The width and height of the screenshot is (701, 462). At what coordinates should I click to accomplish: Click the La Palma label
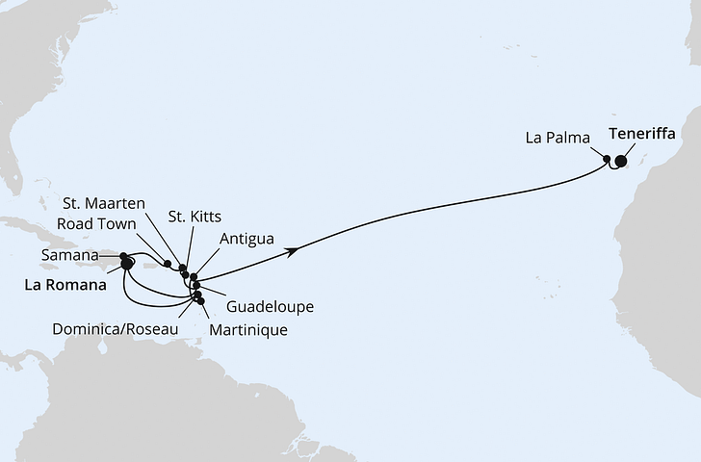557,139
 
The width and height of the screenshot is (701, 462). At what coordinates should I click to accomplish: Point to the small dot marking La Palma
607,159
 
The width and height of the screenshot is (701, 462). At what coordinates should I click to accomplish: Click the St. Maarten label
104,202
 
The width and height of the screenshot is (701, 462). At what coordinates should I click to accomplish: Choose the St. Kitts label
195,216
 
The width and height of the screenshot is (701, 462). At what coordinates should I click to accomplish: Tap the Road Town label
95,219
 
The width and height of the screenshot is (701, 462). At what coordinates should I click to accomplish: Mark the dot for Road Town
169,264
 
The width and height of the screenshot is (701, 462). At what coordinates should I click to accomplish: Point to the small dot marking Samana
123,256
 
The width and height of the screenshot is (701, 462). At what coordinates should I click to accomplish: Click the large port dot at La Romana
127,263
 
